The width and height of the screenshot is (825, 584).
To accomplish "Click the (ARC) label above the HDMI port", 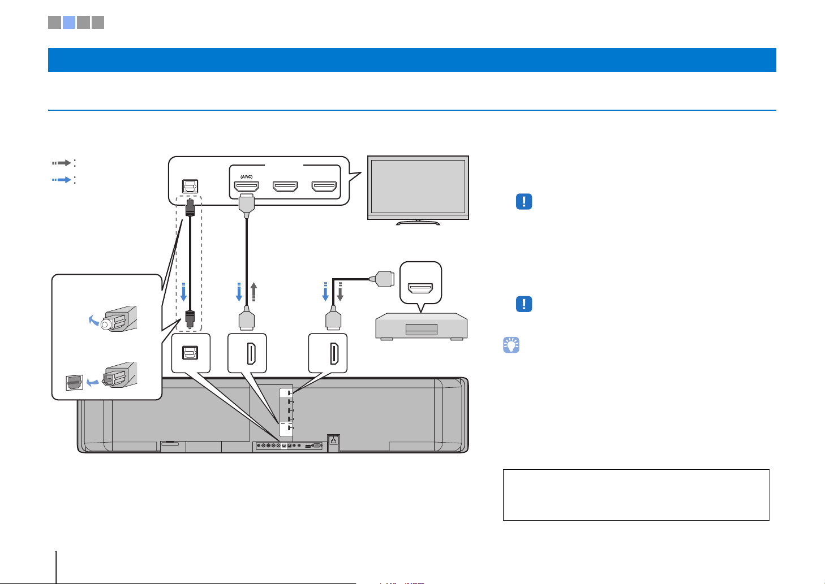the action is coord(246,177).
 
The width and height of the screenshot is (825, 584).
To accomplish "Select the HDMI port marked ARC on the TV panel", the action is coord(246,187).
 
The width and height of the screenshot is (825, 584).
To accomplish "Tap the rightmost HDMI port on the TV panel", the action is coord(324,187).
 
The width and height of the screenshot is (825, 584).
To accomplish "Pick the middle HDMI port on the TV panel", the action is coord(285,187).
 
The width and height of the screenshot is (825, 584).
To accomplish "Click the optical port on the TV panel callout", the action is coord(190,186).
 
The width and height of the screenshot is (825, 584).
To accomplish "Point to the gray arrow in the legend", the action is coord(61,163).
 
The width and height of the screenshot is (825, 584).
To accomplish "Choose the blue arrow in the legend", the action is coord(61,180).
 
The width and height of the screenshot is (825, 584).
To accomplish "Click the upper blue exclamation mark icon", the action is coord(524,201).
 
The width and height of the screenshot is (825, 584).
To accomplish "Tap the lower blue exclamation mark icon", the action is coord(524,304).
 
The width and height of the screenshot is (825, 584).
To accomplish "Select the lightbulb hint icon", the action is coord(511,345).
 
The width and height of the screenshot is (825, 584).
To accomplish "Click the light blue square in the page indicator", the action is coord(69,22).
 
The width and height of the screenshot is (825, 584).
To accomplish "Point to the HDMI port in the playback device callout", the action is coord(420,288).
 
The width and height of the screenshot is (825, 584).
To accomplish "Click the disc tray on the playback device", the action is coord(422,330).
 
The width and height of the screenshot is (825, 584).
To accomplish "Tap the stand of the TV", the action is coord(418,222).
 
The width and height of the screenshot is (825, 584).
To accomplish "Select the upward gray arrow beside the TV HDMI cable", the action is coord(253,292).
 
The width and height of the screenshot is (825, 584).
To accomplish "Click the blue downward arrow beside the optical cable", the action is coord(183,292).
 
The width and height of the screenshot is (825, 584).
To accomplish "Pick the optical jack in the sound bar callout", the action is coord(190,353).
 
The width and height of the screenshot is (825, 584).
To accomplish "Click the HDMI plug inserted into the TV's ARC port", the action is coord(246,206).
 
